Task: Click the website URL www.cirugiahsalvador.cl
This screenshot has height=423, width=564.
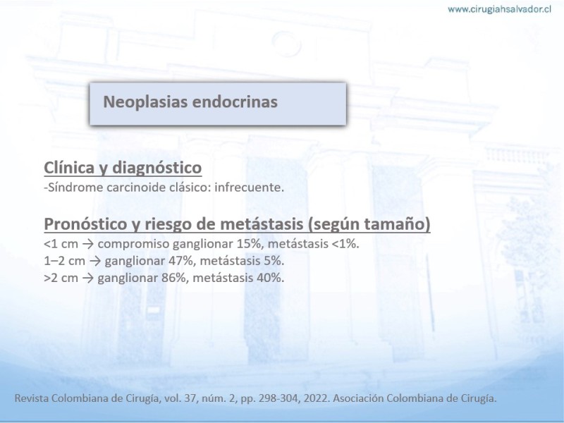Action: point(499,10)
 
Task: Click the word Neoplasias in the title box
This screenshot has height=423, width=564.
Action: point(145,102)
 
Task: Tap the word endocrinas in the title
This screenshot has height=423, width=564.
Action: point(235,102)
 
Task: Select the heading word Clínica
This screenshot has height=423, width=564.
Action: point(68,168)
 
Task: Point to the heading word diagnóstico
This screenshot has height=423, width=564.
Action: point(157,168)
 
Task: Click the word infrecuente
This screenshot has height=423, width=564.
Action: point(250,188)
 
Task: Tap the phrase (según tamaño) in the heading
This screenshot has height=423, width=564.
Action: point(369,224)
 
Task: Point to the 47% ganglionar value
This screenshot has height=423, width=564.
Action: point(182,261)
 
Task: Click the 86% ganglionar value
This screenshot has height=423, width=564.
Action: point(175,278)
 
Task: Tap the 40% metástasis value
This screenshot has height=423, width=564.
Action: point(271,278)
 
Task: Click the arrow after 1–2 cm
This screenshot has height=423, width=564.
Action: point(95,261)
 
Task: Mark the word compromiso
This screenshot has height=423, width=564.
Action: point(133,244)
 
